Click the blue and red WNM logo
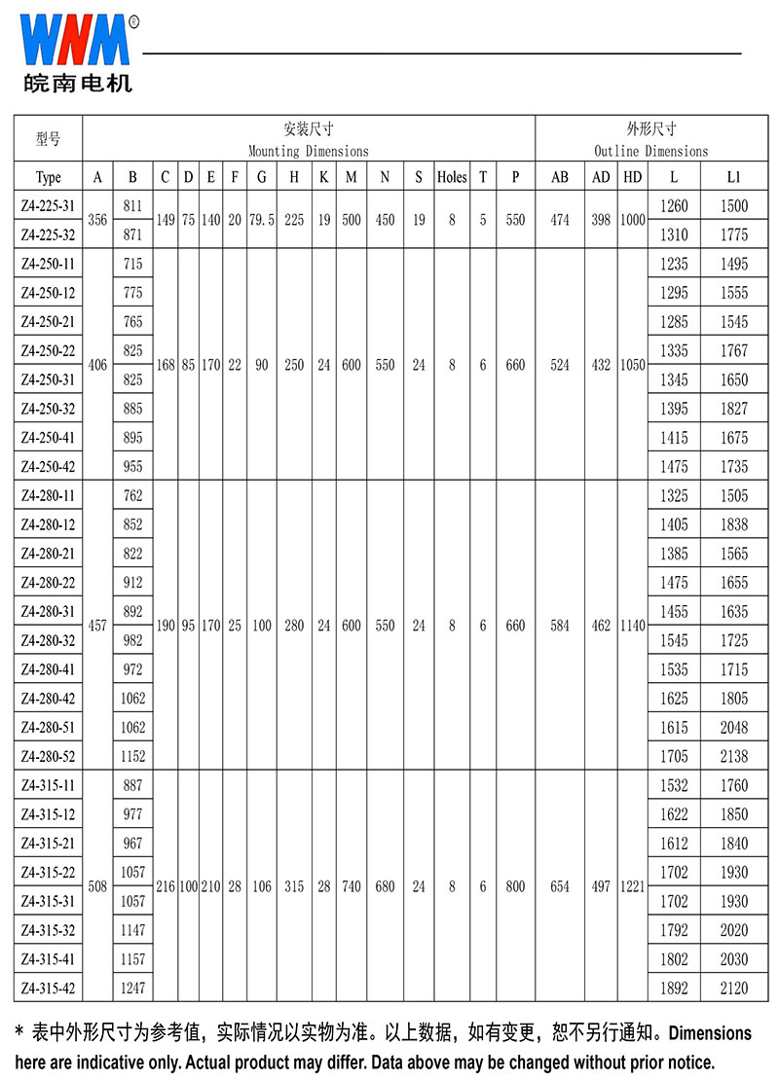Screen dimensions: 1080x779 75,39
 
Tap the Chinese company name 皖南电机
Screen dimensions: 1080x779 77,83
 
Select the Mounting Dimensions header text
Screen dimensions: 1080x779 309,151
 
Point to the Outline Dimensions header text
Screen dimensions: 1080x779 651,151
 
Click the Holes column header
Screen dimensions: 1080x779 452,177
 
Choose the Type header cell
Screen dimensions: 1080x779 48,177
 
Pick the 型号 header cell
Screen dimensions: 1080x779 48,139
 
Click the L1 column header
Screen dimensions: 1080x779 734,177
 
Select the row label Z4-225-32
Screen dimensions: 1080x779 48,234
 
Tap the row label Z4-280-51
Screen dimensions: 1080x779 48,727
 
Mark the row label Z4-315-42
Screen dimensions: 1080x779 48,988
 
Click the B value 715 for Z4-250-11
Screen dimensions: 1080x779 132,264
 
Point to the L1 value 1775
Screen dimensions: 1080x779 734,234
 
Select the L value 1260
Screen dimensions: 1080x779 674,205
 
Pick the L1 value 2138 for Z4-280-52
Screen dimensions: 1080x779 734,756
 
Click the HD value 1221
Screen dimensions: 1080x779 633,886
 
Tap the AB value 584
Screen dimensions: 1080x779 560,626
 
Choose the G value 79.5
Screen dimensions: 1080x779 262,220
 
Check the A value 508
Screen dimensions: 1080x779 97,886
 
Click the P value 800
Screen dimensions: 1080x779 516,886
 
